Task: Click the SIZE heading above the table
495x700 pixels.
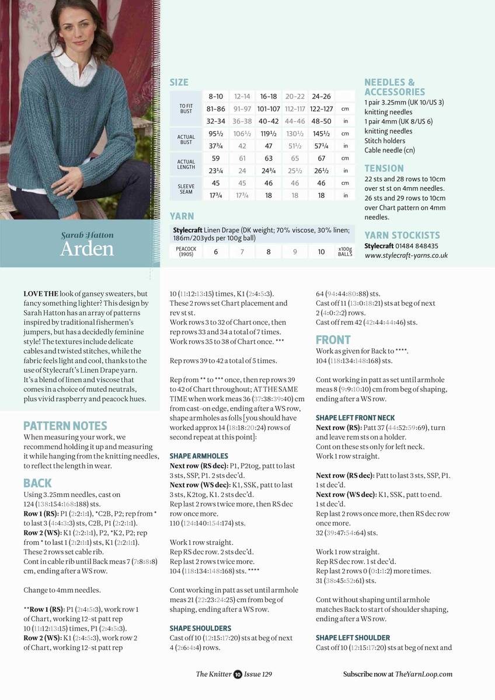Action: (179, 83)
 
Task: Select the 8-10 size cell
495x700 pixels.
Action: (215, 96)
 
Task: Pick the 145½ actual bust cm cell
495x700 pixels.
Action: (321, 134)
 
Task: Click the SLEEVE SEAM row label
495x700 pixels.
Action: (186, 190)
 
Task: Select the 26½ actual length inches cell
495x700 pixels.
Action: (321, 171)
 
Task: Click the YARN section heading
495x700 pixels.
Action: (182, 216)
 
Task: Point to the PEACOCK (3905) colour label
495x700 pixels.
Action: (186, 252)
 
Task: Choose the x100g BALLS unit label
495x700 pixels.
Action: (345, 252)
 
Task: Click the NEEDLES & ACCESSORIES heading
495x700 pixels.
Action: (394, 87)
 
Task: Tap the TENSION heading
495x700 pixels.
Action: (384, 169)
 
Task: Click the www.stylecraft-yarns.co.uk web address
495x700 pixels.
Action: (406, 256)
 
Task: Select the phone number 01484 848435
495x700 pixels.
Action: (418, 246)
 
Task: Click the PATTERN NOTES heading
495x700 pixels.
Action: (65, 426)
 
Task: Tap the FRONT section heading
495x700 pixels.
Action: (333, 339)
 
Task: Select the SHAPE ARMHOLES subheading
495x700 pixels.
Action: (198, 456)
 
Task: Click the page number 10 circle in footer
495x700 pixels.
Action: (238, 674)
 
